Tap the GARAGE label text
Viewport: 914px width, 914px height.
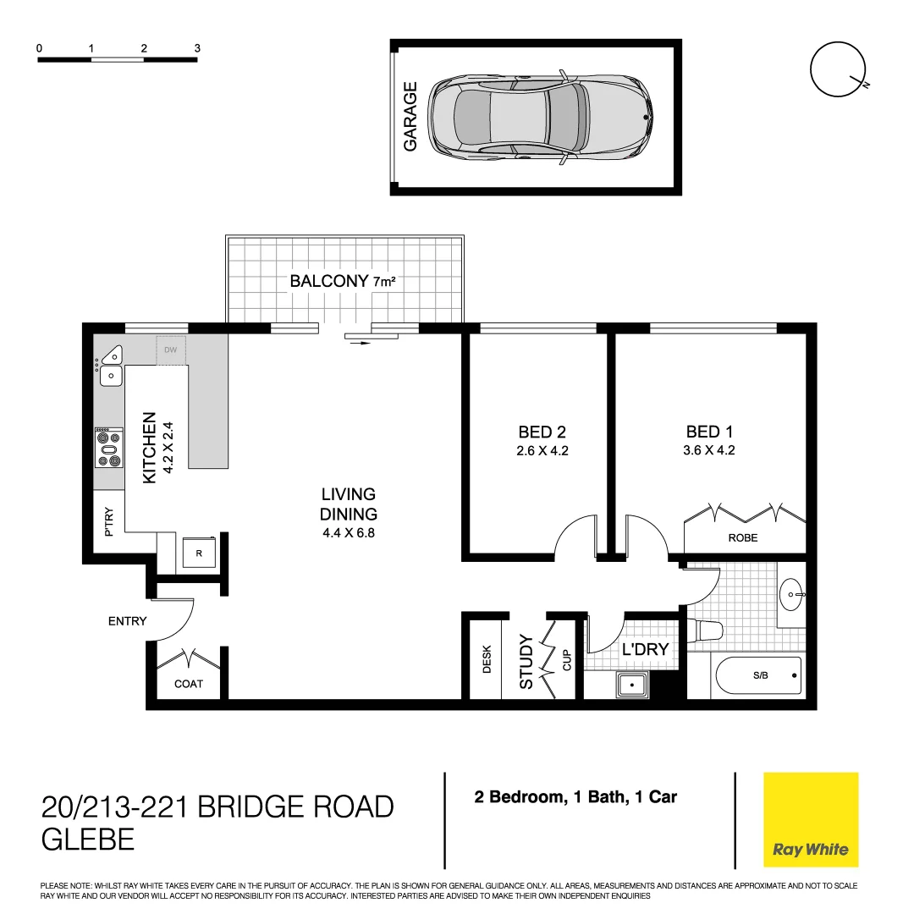point(411,117)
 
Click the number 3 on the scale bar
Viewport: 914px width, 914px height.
point(197,48)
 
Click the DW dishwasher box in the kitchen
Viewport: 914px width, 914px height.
point(170,350)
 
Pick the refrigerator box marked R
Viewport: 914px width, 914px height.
point(199,553)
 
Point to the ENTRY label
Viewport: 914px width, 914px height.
point(127,621)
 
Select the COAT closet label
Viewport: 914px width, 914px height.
point(188,684)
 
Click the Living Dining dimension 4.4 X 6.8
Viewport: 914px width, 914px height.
point(348,533)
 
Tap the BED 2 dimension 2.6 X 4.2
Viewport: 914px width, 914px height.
point(542,450)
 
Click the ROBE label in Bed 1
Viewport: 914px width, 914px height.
point(743,537)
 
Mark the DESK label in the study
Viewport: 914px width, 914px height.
point(487,660)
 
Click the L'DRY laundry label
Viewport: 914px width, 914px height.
point(645,650)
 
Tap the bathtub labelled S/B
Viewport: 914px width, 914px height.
point(758,676)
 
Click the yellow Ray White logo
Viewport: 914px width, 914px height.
point(810,820)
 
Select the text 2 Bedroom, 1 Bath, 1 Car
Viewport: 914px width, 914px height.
point(575,796)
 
